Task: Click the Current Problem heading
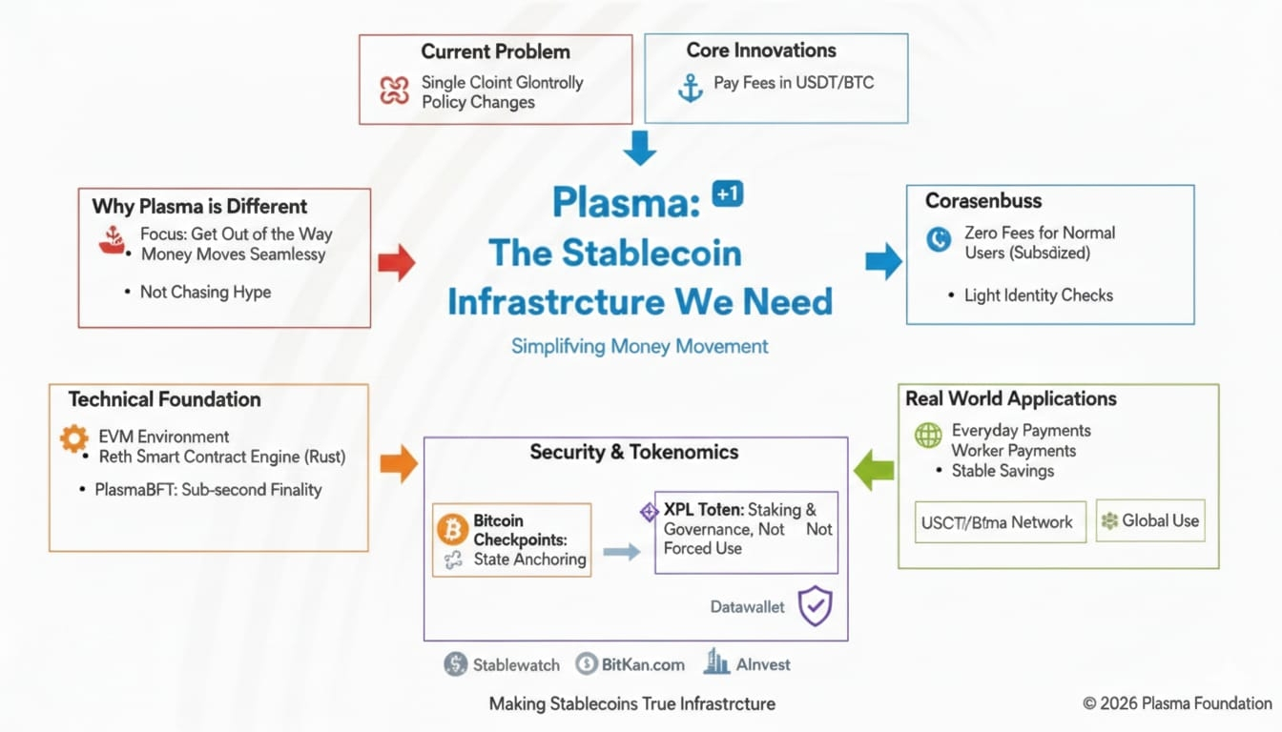click(x=495, y=51)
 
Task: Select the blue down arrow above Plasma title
click(x=639, y=148)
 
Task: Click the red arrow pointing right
click(x=396, y=262)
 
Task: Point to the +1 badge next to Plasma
click(x=727, y=194)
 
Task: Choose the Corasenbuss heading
click(x=982, y=201)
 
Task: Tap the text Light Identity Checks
click(x=1038, y=295)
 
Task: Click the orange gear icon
click(x=73, y=437)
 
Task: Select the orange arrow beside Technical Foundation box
click(x=398, y=463)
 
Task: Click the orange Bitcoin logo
click(x=452, y=529)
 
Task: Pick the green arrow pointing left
click(x=873, y=471)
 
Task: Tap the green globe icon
click(x=927, y=436)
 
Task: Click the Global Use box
click(x=1149, y=521)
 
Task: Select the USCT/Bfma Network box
click(x=1000, y=522)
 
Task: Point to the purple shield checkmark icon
click(x=815, y=606)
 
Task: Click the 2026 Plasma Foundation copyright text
click(x=1177, y=703)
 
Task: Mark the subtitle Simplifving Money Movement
click(x=639, y=346)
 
